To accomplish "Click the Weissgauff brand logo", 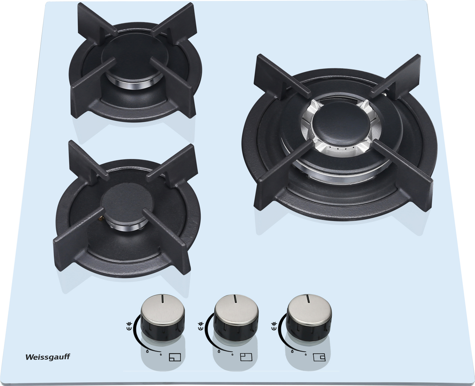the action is pyautogui.click(x=48, y=357).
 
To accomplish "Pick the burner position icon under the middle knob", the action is pyautogui.click(x=246, y=357).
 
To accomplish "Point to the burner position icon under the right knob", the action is pyautogui.click(x=319, y=357).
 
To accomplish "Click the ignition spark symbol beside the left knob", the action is pyautogui.click(x=129, y=326).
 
